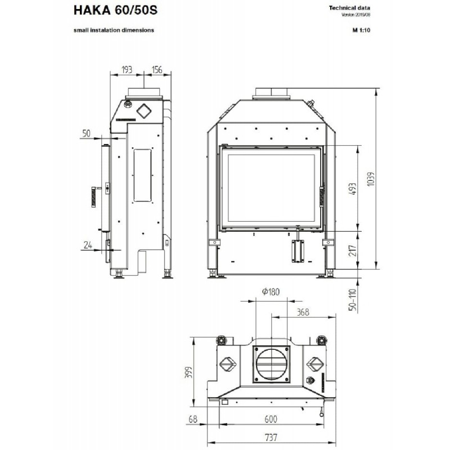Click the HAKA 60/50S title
[x=115, y=10]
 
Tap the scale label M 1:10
[x=361, y=30]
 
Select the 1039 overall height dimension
[x=371, y=179]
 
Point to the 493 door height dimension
[x=353, y=189]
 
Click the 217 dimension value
[x=353, y=250]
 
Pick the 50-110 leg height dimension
[x=353, y=300]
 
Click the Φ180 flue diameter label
[x=271, y=291]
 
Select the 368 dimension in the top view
[x=303, y=312]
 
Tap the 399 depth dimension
[x=188, y=372]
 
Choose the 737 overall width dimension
[x=271, y=438]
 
